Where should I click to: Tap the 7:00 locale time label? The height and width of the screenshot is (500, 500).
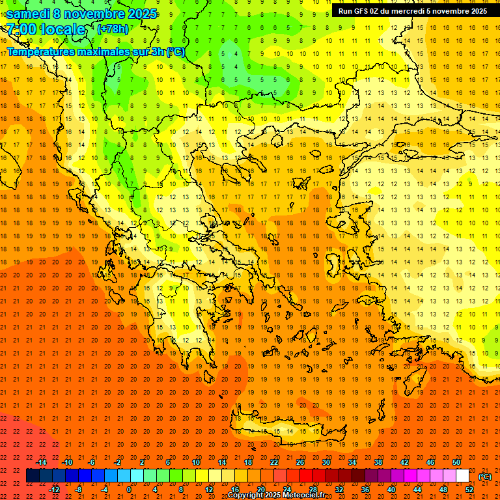(46, 29)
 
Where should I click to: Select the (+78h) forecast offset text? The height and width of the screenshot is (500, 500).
(113, 29)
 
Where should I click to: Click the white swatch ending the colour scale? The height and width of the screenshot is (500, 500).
(462, 476)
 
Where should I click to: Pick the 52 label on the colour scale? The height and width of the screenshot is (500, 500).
(469, 490)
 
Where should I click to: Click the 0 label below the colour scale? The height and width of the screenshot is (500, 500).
(130, 490)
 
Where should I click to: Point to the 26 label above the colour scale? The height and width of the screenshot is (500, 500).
(300, 462)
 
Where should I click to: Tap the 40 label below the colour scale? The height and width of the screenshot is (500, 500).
(391, 490)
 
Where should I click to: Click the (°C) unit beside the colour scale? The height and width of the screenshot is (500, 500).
(485, 476)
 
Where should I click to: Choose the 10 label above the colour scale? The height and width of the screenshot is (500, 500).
(196, 462)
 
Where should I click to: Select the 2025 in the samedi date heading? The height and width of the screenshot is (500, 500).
(139, 14)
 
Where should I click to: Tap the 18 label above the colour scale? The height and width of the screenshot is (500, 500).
(248, 462)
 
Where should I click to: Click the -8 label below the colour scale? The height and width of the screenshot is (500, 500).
(78, 490)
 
